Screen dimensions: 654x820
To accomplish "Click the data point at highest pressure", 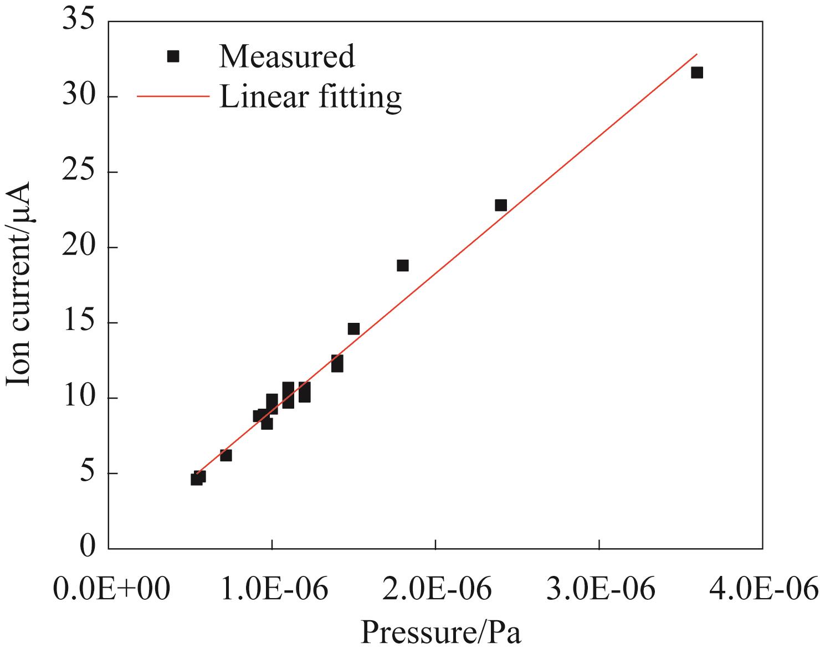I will point(696,73).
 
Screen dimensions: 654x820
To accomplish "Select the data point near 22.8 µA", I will point(500,205).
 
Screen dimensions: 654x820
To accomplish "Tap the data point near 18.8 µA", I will point(403,265).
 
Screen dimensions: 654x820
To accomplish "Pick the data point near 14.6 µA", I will point(353,329).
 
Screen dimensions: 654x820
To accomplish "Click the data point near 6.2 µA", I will point(225,455).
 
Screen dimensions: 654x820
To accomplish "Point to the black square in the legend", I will point(173,56).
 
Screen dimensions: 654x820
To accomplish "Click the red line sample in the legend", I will point(173,96).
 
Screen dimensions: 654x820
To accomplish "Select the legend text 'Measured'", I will point(286,56).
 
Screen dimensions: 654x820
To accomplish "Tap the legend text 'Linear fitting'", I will point(310,97).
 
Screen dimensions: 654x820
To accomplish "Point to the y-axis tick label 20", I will point(79,248).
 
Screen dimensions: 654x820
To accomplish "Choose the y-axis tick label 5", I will point(86,473).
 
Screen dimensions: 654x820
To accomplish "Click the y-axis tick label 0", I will point(86,548).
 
